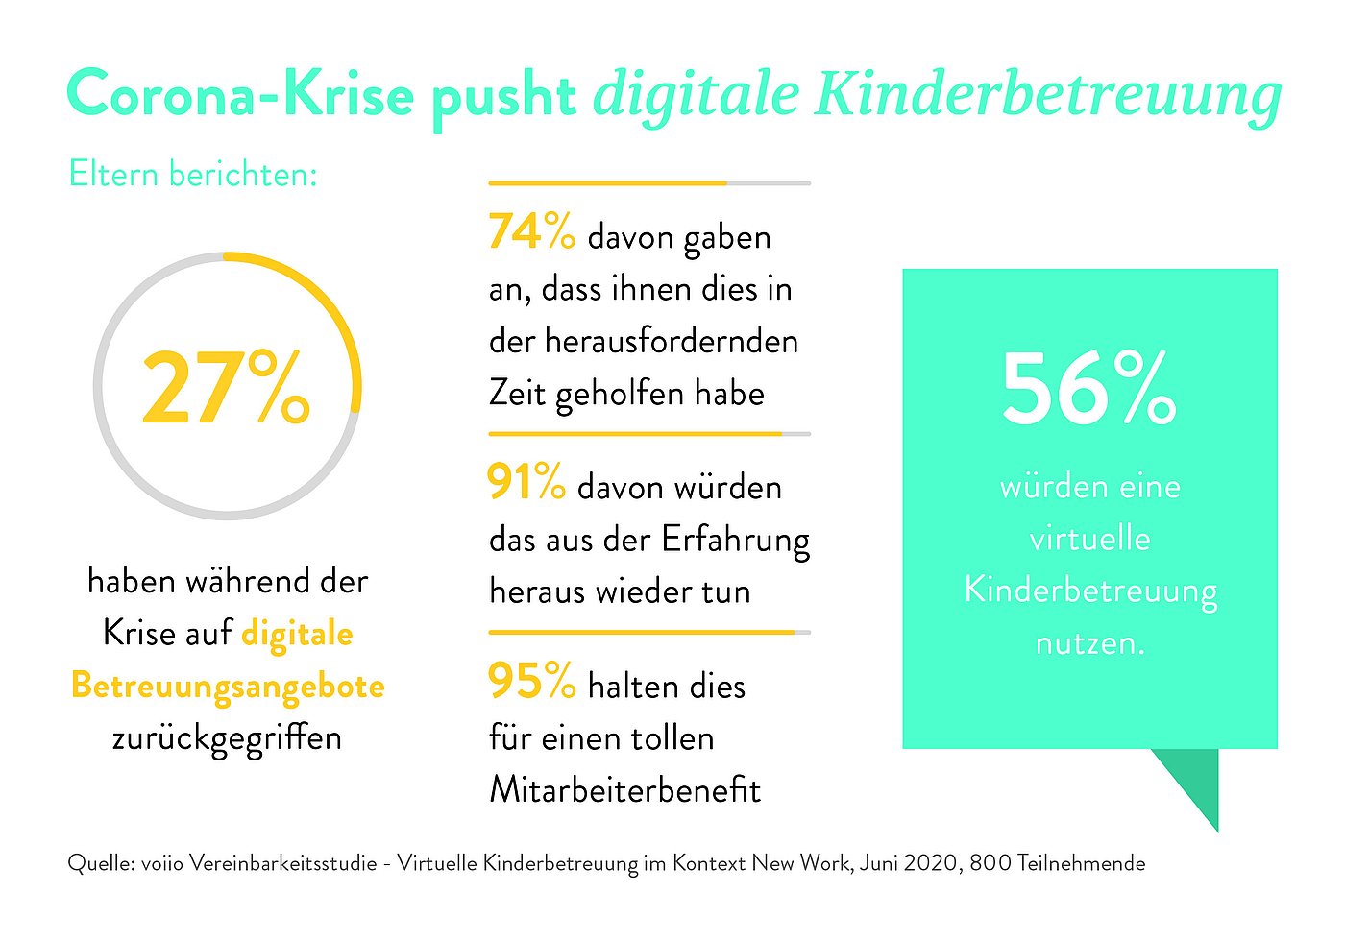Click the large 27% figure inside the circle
[226, 387]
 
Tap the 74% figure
[532, 231]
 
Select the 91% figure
[526, 481]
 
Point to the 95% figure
[532, 680]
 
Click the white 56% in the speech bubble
[1089, 389]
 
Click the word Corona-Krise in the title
[240, 93]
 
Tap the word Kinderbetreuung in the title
[1048, 96]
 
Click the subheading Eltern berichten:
[193, 174]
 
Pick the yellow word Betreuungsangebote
[229, 687]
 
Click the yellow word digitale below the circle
[297, 635]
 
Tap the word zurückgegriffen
[227, 738]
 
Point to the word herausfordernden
[672, 342]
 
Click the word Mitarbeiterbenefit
[625, 789]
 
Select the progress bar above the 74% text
[649, 183]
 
